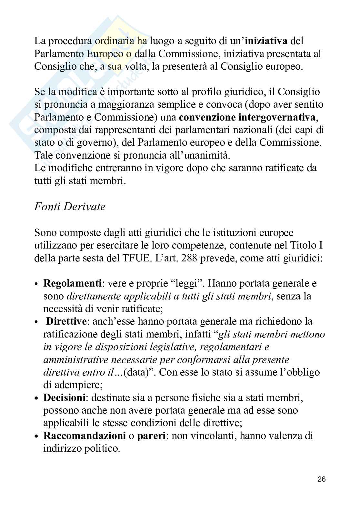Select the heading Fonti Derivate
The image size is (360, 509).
(70, 206)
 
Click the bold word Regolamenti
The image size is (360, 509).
(73, 283)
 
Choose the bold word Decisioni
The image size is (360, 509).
(65, 397)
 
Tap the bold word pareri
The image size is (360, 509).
(152, 436)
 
